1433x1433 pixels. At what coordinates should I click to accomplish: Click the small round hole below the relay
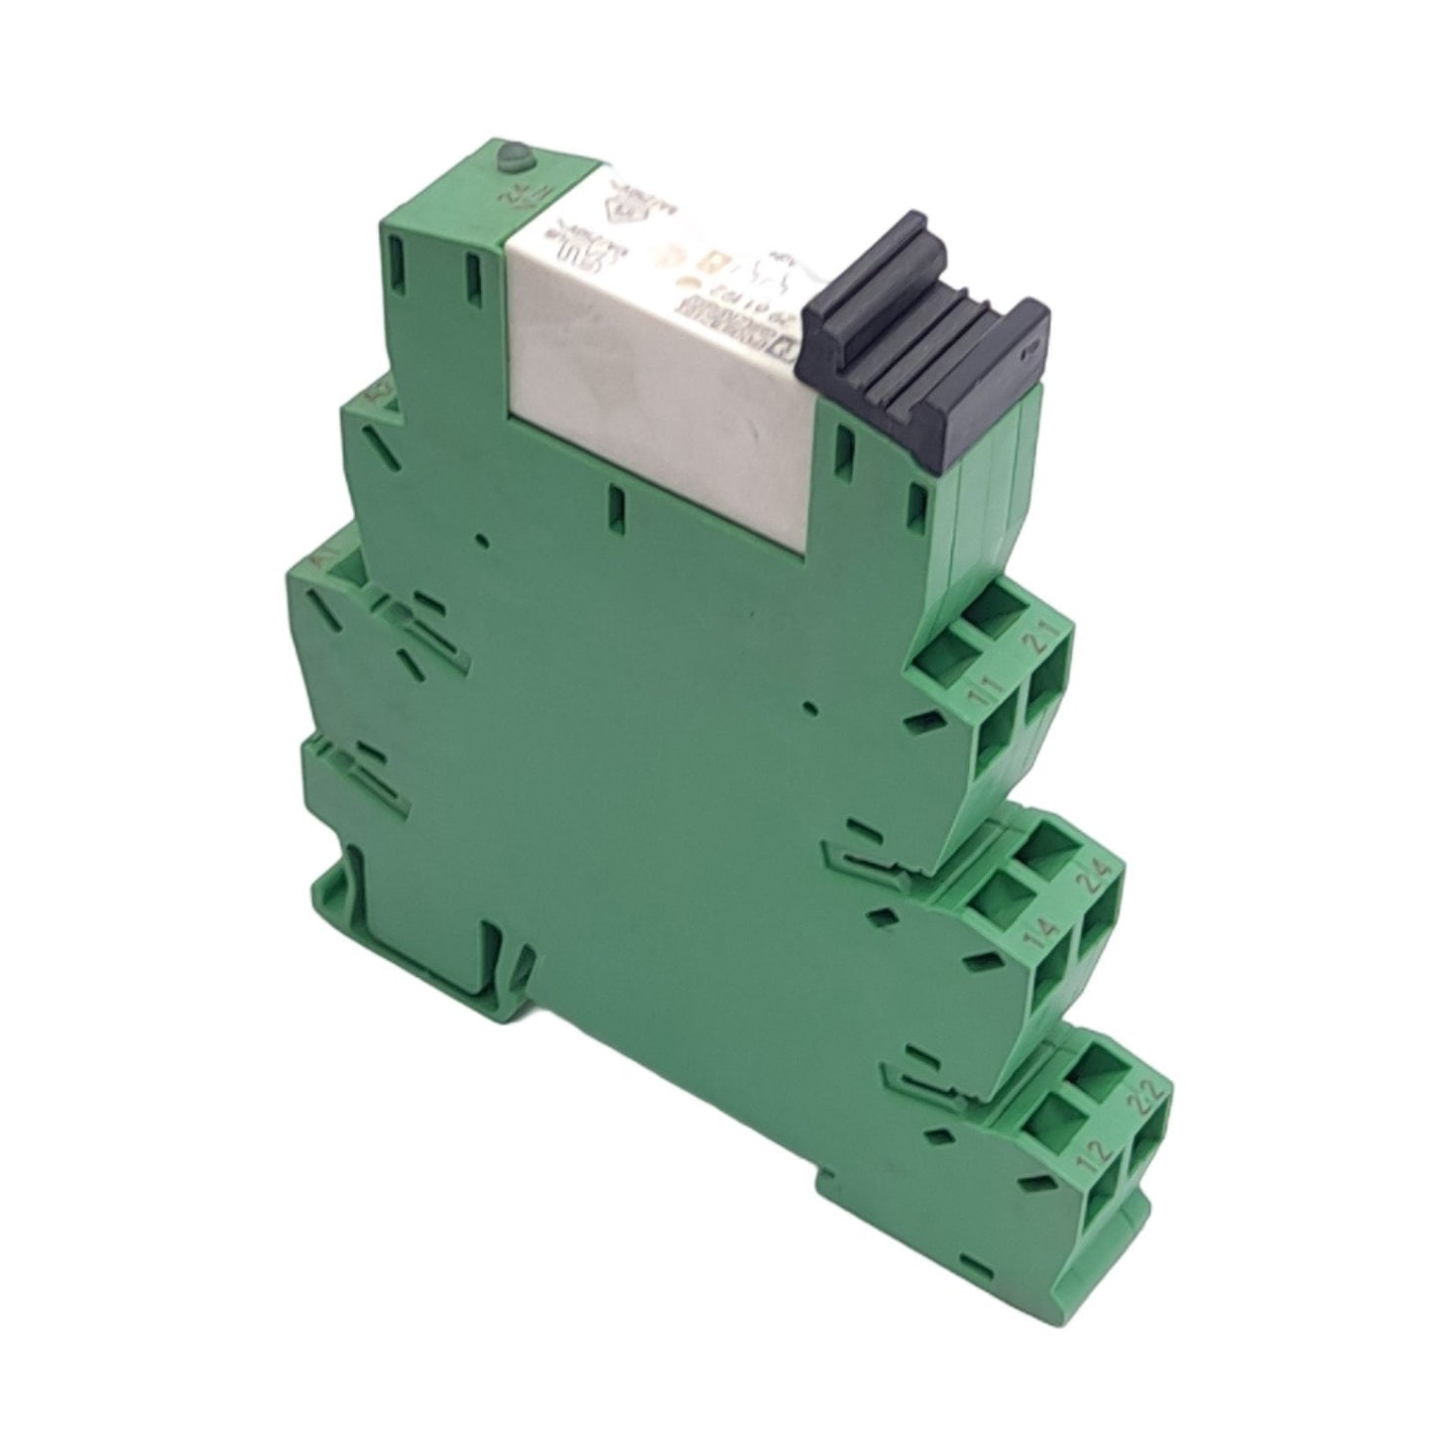[x=481, y=540]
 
